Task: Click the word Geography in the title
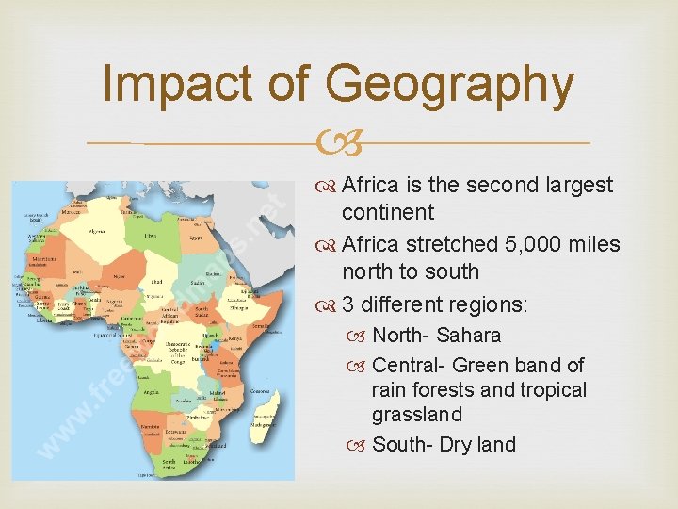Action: click(x=449, y=85)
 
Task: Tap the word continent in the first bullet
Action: click(x=388, y=212)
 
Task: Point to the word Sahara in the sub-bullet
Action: click(x=468, y=336)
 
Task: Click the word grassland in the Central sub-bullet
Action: click(x=417, y=415)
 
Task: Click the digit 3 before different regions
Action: click(x=348, y=305)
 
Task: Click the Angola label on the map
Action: click(x=152, y=388)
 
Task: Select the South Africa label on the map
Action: click(x=169, y=463)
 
